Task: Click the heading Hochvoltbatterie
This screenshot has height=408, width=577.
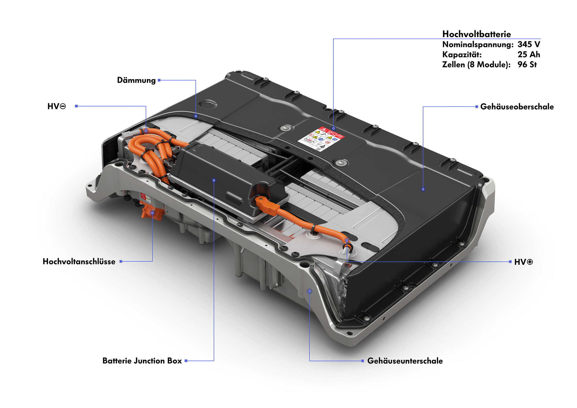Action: coord(476,34)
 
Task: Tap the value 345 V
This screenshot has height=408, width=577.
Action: coord(528,44)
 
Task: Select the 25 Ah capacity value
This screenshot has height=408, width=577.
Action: coord(528,54)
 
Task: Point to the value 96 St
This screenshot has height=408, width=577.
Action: coord(527,65)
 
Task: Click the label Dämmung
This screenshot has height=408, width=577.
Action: coord(136,80)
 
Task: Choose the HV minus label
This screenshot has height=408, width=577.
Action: coord(56,106)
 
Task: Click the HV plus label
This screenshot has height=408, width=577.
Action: coord(523,262)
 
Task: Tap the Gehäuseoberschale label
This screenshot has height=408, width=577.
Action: coord(517,107)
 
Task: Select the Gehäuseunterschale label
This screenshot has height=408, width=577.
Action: coord(405,361)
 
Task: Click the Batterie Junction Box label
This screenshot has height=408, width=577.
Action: coord(142,361)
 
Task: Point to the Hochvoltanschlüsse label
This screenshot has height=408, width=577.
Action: coord(79,261)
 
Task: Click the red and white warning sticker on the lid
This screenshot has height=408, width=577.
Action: coord(321,139)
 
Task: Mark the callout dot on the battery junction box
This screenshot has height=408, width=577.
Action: coord(214,180)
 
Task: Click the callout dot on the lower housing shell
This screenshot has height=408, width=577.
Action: coord(309,291)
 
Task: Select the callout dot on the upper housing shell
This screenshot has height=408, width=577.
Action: coord(423,189)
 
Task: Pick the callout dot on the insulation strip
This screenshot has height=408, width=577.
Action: coord(196,116)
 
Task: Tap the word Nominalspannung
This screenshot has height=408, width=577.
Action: coord(478,45)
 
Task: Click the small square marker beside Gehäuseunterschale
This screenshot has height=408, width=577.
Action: coord(362,361)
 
